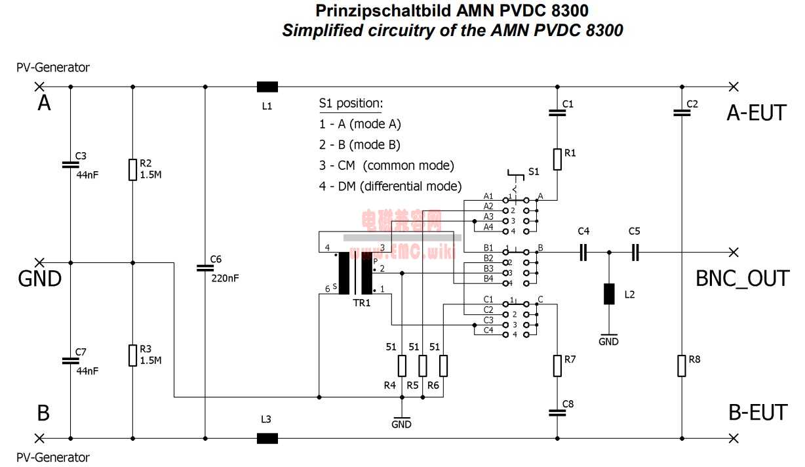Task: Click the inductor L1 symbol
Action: coord(267,87)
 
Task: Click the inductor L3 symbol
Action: coord(267,438)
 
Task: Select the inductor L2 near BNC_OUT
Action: coord(609,294)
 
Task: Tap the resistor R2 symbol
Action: coord(132,170)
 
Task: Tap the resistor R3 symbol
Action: coord(132,355)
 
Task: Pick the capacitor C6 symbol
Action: coord(205,268)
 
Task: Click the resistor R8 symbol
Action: coord(682,366)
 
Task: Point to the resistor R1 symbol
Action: coord(557,159)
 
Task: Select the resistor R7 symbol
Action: coord(557,366)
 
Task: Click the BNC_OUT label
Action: coord(742,279)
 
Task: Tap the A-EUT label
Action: coord(756,113)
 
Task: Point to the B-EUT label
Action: coord(757,413)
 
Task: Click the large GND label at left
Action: coord(39,279)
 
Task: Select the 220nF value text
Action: coord(225,277)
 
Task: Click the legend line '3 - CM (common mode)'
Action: coord(387,165)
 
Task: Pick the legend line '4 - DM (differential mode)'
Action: coord(391,186)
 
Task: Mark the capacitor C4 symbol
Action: coord(583,252)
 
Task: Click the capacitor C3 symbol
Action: coord(70,164)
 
